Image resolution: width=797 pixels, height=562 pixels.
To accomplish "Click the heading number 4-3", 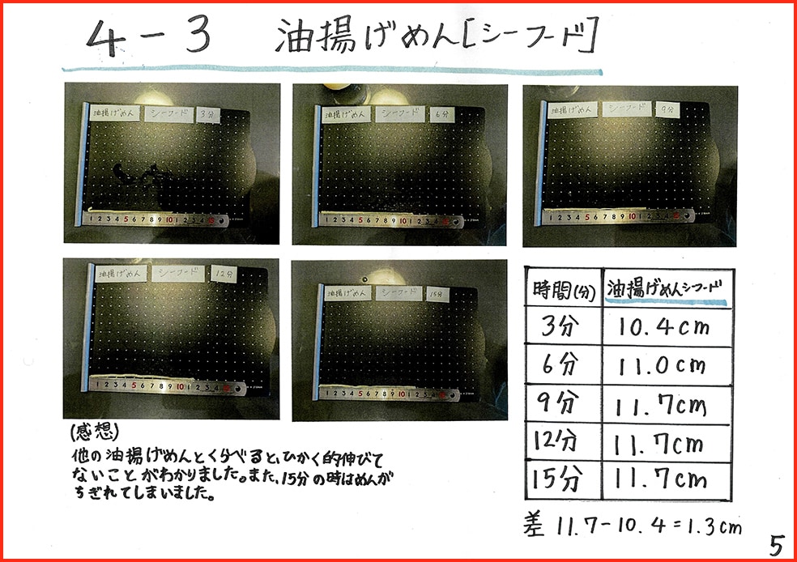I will pos(149,37).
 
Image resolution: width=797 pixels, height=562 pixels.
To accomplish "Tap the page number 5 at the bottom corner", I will pos(776,544).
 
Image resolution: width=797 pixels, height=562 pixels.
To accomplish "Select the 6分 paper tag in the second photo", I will pos(440,115).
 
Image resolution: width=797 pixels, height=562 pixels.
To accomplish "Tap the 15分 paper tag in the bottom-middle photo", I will pos(436,294).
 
